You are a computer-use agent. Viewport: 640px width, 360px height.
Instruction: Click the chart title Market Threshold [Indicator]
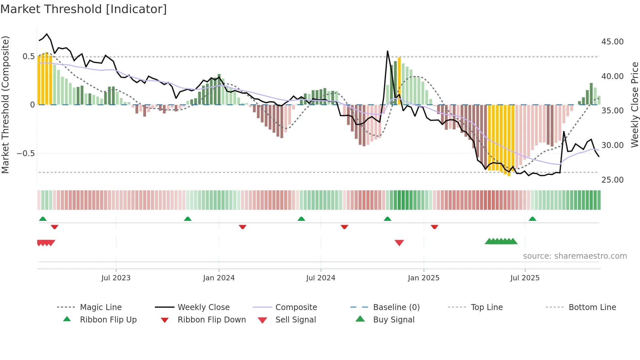pos(84,9)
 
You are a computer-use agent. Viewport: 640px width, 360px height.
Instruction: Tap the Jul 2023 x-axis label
pos(116,278)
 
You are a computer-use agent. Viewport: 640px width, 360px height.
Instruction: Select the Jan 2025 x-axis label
pos(424,278)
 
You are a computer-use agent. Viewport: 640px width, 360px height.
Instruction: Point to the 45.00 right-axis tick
pos(612,42)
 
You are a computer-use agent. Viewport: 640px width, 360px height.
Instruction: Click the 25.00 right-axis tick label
pos(612,180)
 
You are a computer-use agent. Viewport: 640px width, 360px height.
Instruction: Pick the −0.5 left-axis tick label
pos(25,154)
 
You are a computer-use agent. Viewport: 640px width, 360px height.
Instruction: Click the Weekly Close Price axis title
pos(634,105)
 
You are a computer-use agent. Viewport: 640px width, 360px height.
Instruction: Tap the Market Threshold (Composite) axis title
pos(5,105)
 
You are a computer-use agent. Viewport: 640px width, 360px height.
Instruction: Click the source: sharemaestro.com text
pos(575,256)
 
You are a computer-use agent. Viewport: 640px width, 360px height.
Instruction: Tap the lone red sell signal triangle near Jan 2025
pos(399,243)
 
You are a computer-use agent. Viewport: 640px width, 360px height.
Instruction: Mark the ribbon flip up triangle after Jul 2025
pos(532,219)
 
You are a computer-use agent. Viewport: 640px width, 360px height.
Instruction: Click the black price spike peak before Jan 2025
pos(388,51)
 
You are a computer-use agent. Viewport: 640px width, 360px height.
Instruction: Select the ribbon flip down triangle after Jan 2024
pos(242,227)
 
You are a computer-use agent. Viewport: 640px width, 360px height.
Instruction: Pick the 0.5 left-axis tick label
pos(28,57)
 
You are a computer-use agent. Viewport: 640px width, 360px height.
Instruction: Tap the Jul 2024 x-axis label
pos(321,278)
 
